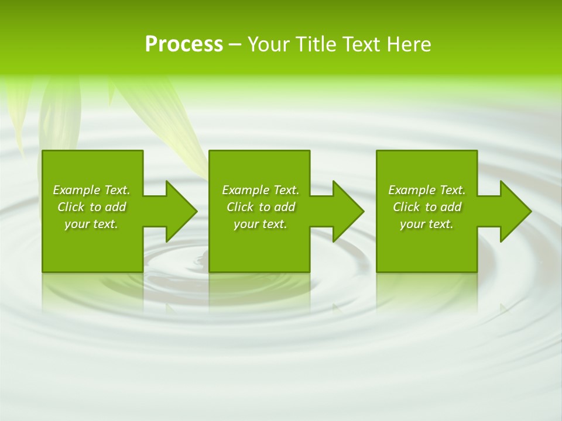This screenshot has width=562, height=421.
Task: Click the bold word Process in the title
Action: point(184,44)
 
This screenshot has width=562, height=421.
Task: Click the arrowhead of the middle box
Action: point(348,211)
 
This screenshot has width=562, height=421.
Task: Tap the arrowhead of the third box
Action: point(515,211)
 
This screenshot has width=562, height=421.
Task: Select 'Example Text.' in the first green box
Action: point(91,190)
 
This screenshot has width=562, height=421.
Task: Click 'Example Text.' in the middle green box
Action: point(260,190)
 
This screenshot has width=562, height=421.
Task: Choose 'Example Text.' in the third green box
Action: point(427,190)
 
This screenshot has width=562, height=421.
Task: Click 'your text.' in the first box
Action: point(91,224)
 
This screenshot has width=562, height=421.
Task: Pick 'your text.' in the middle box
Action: point(260,224)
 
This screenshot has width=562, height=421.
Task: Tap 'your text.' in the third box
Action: point(427,224)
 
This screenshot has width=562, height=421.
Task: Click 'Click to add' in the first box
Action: point(91,207)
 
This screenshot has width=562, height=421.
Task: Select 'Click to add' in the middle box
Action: point(260,207)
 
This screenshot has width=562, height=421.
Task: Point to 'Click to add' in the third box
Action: point(427,207)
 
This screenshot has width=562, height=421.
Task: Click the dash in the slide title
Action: point(235,45)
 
